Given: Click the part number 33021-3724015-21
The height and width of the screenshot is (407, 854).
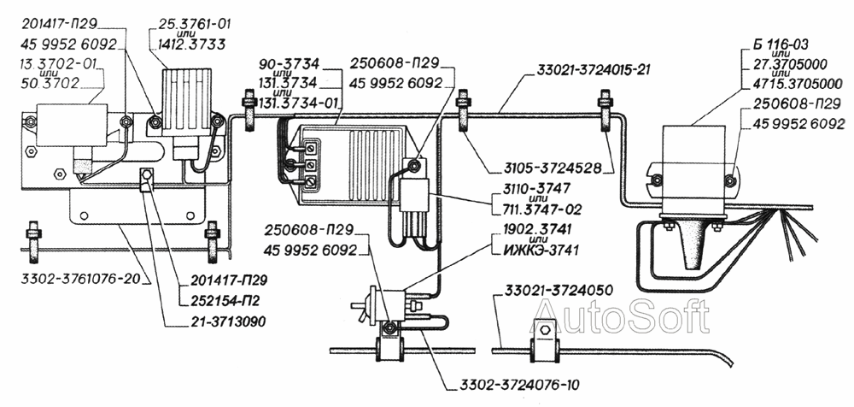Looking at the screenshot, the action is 594,70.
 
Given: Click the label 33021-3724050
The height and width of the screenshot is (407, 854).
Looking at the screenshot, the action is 555,289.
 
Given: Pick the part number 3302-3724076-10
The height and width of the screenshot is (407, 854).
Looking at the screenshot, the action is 516,385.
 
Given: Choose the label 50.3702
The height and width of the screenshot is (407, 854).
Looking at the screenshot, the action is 50,84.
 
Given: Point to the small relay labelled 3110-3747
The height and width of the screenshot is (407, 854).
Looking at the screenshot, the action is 414,196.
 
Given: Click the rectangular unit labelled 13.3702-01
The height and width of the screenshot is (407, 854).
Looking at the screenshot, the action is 72,125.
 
